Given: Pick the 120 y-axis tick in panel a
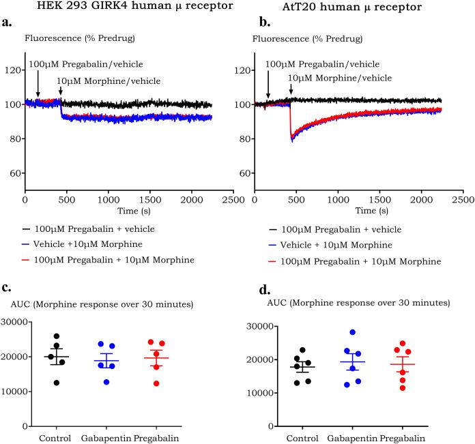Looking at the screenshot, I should tap(13, 70).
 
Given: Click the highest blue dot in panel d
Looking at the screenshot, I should tap(353, 333).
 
